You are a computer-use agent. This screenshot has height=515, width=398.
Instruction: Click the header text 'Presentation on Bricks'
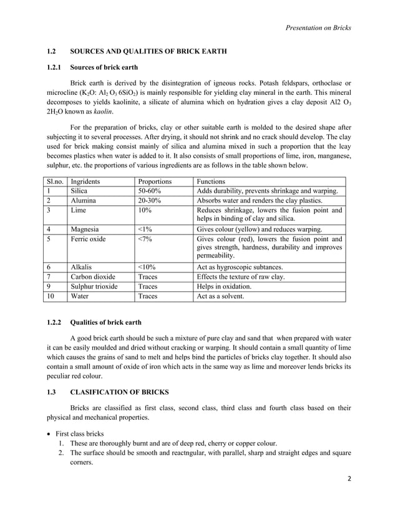point(318,27)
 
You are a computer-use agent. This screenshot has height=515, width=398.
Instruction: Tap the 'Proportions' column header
point(155,181)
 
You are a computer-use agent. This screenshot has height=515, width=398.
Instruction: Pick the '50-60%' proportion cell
point(150,191)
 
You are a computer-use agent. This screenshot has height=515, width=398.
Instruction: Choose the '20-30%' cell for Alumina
point(150,201)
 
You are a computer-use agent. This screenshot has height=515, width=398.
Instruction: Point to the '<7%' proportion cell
point(145,239)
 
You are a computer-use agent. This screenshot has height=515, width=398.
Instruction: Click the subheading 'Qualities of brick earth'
point(106,322)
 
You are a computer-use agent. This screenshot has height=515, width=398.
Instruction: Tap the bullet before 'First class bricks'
point(50,433)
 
